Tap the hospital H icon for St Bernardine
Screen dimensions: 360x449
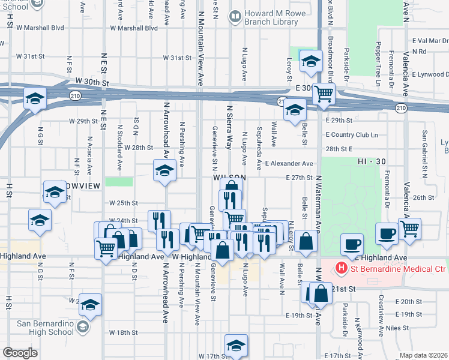341,268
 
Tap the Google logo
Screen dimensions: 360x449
20,353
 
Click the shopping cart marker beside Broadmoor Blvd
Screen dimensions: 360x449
324,93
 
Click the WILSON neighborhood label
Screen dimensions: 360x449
228,178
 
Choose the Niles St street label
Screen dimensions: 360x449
397,328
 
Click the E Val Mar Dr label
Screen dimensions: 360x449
430,41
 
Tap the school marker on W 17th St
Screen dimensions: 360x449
236,345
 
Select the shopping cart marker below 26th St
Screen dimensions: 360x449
409,228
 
